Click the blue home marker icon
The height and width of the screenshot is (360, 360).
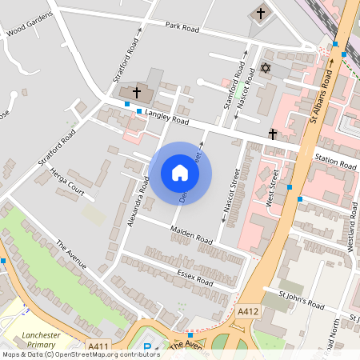click(180, 173)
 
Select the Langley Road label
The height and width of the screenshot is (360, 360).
click(166, 118)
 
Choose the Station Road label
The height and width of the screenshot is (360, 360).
click(335, 160)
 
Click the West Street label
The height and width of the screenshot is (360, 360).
click(271, 189)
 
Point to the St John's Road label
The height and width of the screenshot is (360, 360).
click(302, 300)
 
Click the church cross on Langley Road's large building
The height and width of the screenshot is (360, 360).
click(136, 94)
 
